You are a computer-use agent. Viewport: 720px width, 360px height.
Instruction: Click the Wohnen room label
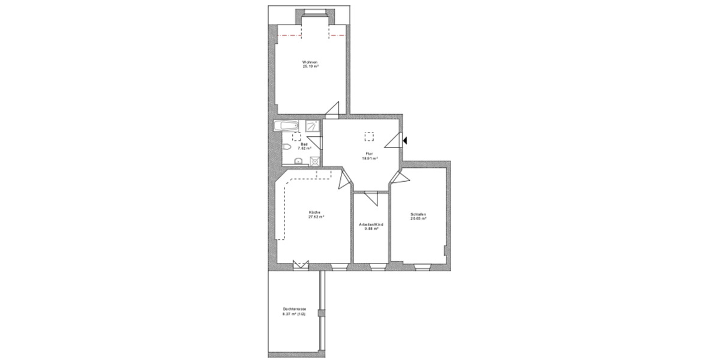(x=310, y=63)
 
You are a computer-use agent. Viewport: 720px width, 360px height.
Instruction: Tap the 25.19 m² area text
(x=310, y=67)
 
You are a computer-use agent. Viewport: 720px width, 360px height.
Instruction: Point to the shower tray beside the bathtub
(x=312, y=126)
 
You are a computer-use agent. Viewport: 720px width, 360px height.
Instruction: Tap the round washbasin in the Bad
(x=299, y=160)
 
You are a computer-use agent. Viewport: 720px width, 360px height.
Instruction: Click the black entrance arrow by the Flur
(x=406, y=141)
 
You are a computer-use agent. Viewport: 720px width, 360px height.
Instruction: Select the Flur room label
(x=369, y=155)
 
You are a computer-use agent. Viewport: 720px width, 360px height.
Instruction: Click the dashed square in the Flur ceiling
(x=370, y=136)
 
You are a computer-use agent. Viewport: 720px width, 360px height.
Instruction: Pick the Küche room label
(x=315, y=213)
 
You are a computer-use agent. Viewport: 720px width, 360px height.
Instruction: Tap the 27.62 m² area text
(x=316, y=217)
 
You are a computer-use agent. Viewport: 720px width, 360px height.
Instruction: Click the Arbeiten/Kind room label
(x=371, y=224)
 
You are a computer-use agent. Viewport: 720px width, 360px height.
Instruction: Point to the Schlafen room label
(x=418, y=214)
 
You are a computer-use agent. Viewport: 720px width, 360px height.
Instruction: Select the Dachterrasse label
(x=294, y=310)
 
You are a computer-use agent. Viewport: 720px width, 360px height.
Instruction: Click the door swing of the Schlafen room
(x=400, y=178)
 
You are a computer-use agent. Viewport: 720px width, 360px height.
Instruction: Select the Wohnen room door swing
(x=332, y=110)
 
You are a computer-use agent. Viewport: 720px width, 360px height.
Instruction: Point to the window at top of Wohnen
(x=314, y=13)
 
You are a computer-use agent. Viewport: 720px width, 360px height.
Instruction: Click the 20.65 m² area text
(x=418, y=218)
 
